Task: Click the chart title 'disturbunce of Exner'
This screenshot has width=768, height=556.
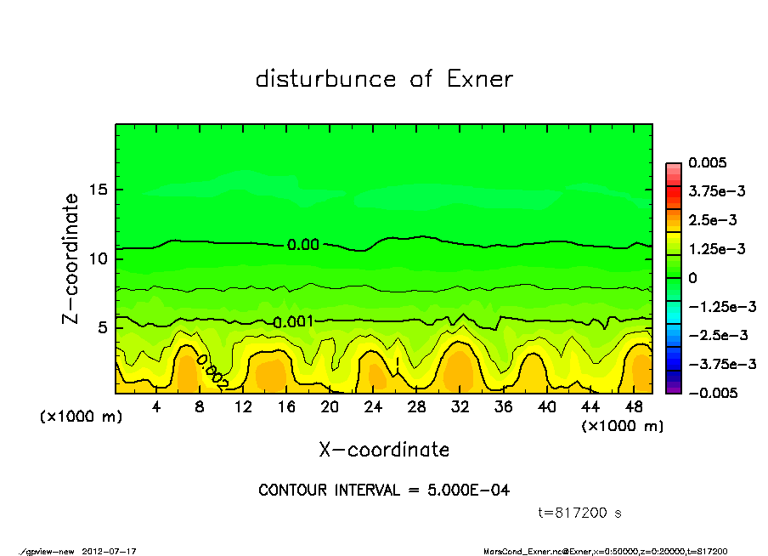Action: [x=384, y=79]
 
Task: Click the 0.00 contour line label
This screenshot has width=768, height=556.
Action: [x=303, y=245]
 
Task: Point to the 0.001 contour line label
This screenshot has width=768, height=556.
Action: [x=293, y=321]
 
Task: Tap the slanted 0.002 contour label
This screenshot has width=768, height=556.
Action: [x=212, y=372]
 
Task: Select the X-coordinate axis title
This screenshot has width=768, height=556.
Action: [x=384, y=449]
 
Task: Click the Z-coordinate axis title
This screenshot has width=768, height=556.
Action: [x=71, y=258]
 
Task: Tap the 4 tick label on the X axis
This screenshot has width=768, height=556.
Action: [x=156, y=407]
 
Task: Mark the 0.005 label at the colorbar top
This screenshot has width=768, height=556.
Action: [x=708, y=162]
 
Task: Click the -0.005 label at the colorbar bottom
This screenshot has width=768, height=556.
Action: [x=711, y=393]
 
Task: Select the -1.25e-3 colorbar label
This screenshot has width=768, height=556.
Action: [x=717, y=306]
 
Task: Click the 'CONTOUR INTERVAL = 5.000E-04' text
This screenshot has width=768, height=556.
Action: [x=384, y=491]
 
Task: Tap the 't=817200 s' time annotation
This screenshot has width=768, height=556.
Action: [x=580, y=513]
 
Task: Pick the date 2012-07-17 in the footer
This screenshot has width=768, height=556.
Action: [x=110, y=551]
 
